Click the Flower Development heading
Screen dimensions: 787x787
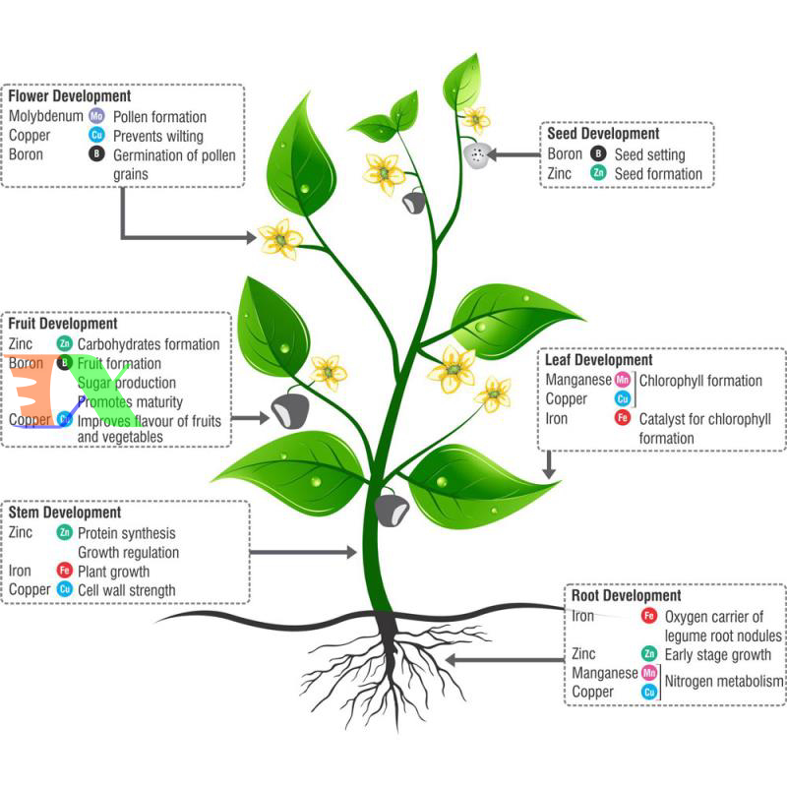70,96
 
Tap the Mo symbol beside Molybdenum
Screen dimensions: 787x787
96,116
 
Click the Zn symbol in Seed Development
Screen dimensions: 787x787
597,174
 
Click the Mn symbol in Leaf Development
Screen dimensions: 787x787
622,380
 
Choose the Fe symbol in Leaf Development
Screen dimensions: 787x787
622,418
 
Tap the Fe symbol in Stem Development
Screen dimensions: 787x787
65,571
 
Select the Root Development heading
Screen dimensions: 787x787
626,596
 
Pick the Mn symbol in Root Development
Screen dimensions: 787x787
648,673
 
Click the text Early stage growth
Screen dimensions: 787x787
718,654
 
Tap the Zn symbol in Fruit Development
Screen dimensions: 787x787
65,343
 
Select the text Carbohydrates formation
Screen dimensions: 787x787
149,344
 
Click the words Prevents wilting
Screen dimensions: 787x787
158,136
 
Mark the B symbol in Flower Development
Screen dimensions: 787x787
96,154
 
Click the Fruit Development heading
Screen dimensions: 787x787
64,323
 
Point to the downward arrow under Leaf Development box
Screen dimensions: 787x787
550,463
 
